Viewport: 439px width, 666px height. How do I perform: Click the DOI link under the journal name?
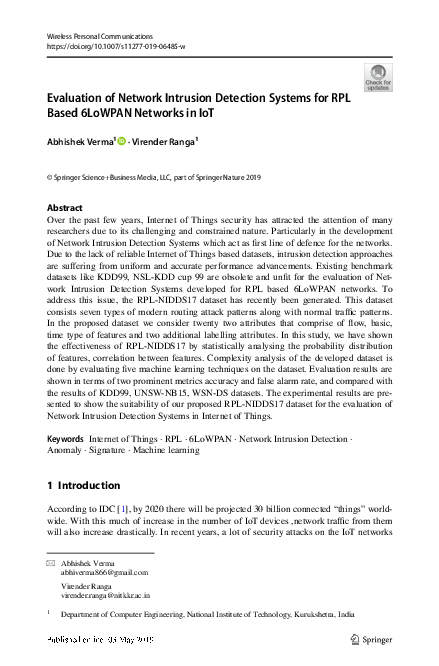[102, 46]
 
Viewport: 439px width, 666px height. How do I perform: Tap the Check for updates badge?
[379, 76]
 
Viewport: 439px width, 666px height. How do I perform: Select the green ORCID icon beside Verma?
[121, 143]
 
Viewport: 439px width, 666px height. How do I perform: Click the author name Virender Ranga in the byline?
[165, 143]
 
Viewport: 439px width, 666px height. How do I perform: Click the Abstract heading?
[65, 207]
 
